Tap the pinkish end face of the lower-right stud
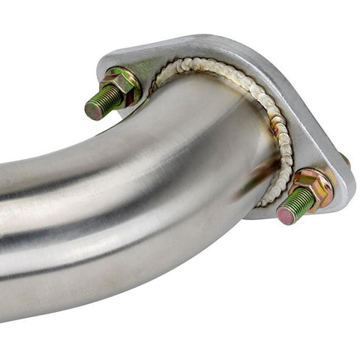pyautogui.click(x=286, y=215)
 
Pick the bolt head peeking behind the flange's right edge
pyautogui.click(x=346, y=159)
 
